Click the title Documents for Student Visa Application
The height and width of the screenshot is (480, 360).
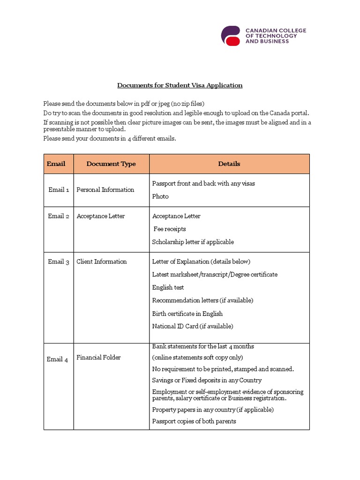pos(180,85)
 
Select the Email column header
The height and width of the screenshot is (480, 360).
pos(56,164)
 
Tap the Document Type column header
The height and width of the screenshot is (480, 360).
pos(111,164)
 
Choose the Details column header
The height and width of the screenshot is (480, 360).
pos(229,164)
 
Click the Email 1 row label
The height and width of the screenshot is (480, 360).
pos(59,190)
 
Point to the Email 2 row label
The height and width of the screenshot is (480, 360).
pos(59,216)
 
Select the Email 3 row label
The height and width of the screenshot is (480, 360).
pos(59,262)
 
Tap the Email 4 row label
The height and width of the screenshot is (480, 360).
pos(57,360)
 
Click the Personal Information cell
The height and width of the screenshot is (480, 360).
pos(105,190)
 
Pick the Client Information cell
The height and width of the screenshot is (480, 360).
pos(101,262)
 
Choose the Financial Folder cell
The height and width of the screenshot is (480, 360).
pos(98,358)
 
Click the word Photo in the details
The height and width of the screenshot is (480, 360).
pos(160,196)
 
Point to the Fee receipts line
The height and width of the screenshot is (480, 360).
pos(170,229)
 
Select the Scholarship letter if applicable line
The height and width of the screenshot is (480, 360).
pos(193,242)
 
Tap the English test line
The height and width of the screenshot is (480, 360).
pos(168,287)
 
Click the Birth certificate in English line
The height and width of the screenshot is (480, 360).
pos(187,314)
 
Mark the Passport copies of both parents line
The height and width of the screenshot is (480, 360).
pos(194,421)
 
